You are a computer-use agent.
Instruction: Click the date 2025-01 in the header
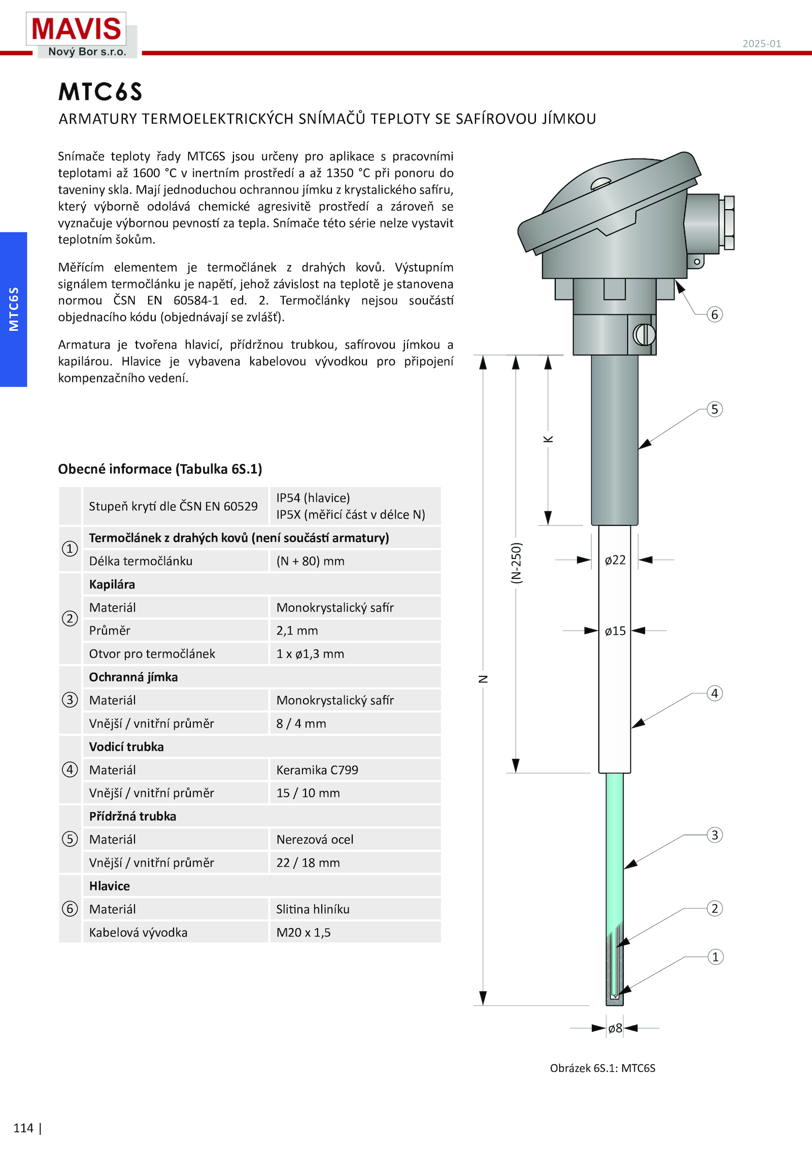(x=761, y=44)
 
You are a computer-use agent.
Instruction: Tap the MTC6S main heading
(x=100, y=92)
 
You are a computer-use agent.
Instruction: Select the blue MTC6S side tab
(x=14, y=309)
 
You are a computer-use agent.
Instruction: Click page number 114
(x=23, y=1128)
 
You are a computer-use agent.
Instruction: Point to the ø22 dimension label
(x=615, y=560)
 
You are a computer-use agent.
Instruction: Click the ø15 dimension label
(x=615, y=631)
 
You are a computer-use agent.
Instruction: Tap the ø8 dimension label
(x=615, y=1028)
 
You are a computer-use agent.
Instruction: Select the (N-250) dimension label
(x=516, y=563)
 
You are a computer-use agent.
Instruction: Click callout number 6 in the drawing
(x=715, y=315)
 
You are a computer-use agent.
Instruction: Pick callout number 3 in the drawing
(x=715, y=835)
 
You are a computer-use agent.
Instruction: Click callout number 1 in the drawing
(x=715, y=957)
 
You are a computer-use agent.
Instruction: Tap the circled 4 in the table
(x=70, y=770)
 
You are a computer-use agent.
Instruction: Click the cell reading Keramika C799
(x=317, y=770)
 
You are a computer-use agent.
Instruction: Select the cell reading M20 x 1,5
(x=303, y=932)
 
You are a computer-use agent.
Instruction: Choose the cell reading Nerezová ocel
(x=315, y=839)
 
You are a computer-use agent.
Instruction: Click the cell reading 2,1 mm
(x=297, y=631)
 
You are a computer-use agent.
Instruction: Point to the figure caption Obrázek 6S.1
(x=602, y=1068)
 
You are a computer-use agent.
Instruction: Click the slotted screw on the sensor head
(x=644, y=335)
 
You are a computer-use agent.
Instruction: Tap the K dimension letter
(x=548, y=439)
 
